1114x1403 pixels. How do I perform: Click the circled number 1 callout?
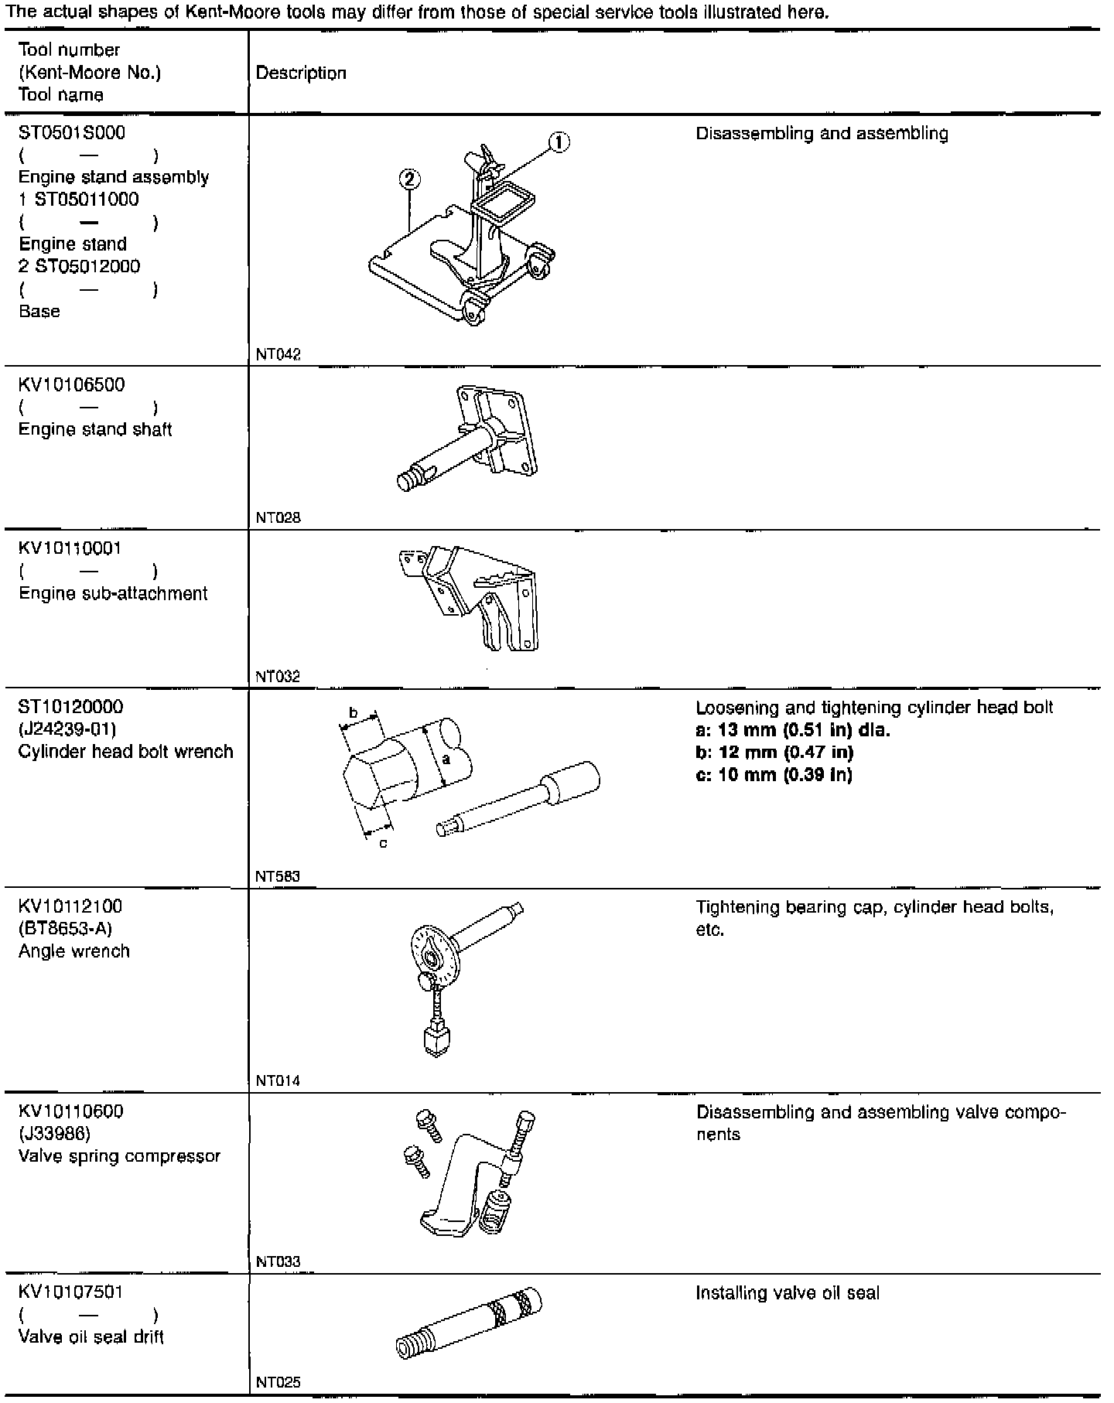coord(559,142)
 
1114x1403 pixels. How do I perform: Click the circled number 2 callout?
coord(410,179)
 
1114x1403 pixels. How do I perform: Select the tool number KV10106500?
coord(71,385)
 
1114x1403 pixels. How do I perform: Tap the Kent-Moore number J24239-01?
coord(67,729)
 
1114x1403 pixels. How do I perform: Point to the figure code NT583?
coord(278,876)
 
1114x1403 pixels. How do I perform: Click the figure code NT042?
coord(278,354)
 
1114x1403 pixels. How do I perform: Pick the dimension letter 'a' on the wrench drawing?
coord(446,760)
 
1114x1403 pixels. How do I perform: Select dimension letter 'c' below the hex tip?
coord(383,843)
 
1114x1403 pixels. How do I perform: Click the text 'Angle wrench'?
coord(74,951)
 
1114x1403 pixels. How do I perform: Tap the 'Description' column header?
coord(301,73)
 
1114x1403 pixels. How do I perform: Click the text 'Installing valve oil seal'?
coord(788,1293)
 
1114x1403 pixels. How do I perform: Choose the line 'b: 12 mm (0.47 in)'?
coord(774,753)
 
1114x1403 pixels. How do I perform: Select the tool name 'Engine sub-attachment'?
coord(113,594)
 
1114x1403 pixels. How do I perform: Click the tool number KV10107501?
coord(70,1292)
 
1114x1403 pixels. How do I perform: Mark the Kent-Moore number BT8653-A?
coord(65,929)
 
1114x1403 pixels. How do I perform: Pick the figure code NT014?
coord(278,1081)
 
